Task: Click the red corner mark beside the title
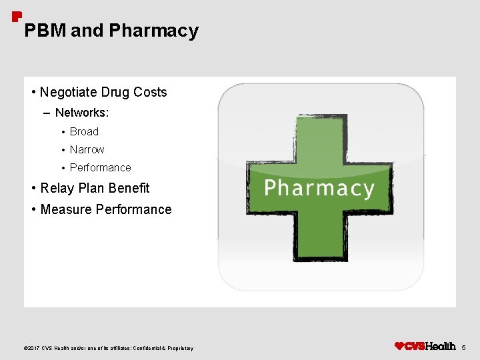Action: pyautogui.click(x=17, y=16)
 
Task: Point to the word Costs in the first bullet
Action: pyautogui.click(x=150, y=92)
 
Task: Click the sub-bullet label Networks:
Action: pyautogui.click(x=82, y=113)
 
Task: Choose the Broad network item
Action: pyautogui.click(x=84, y=131)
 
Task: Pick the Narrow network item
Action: pyautogui.click(x=87, y=149)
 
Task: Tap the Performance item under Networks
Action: pyautogui.click(x=100, y=167)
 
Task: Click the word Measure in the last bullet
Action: pyautogui.click(x=66, y=209)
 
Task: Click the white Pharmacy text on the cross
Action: pyautogui.click(x=319, y=188)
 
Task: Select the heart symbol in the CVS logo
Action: pyautogui.click(x=399, y=346)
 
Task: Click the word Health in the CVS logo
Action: pyautogui.click(x=441, y=346)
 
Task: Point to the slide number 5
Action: pyautogui.click(x=465, y=347)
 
